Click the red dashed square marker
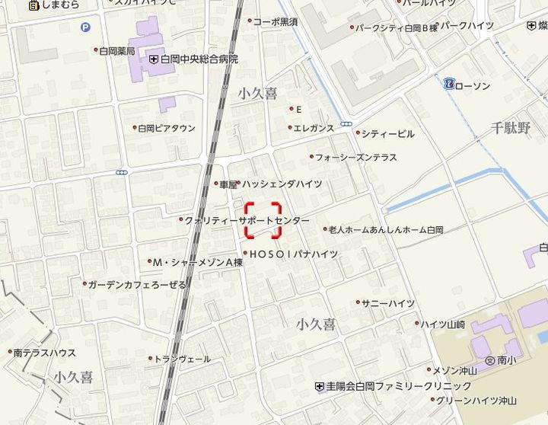click(263, 220)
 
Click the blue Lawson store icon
click(450, 84)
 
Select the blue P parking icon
click(84, 27)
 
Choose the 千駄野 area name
click(510, 127)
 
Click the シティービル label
click(388, 133)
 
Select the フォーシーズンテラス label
click(356, 157)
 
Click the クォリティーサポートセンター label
click(247, 220)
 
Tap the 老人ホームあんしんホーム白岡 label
click(386, 228)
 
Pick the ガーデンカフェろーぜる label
click(137, 284)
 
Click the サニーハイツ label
click(388, 303)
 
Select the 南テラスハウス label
click(44, 353)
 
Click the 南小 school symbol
click(489, 359)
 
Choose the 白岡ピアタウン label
click(167, 128)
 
